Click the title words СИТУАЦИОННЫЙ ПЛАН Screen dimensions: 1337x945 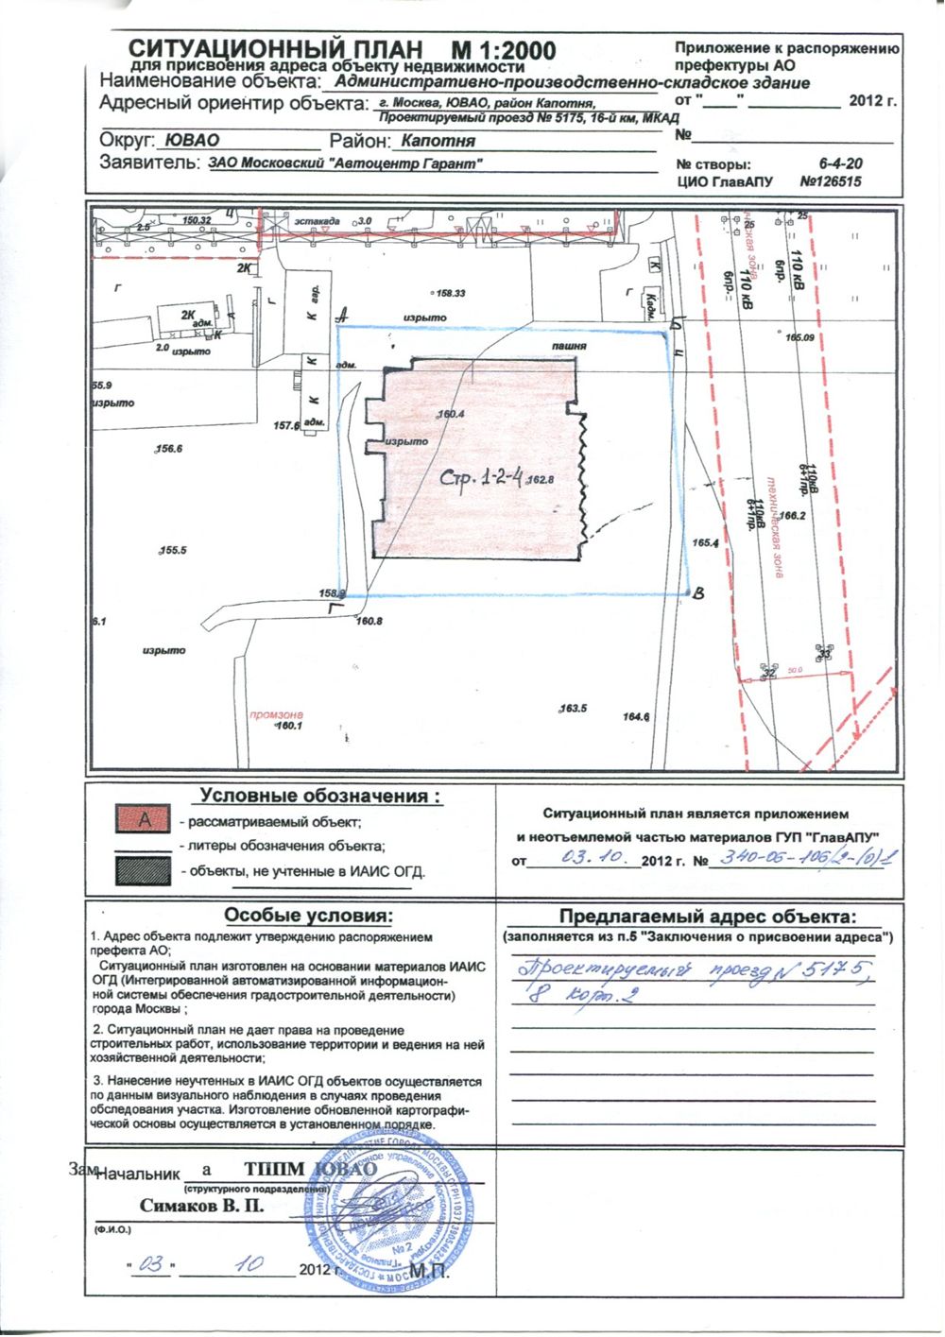[x=274, y=49]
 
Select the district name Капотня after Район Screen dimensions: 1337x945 [x=438, y=142]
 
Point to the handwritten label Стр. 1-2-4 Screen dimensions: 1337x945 [x=483, y=478]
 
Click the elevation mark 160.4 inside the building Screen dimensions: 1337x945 [x=453, y=414]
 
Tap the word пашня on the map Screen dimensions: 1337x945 [x=570, y=347]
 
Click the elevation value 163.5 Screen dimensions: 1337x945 [x=574, y=708]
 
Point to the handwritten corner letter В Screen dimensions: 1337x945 [x=698, y=593]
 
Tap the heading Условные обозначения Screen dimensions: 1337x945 [x=321, y=797]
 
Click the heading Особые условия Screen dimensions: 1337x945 [x=307, y=916]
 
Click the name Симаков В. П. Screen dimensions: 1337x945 [x=201, y=1206]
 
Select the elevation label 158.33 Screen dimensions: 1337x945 [x=451, y=294]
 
